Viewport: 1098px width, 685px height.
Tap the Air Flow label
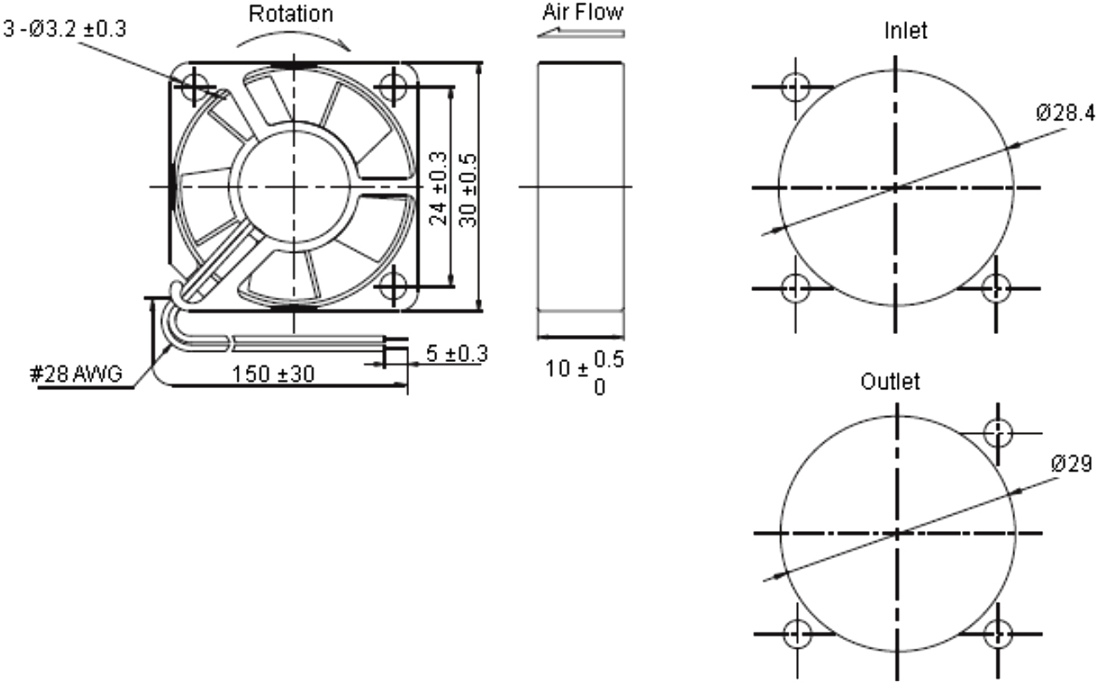[x=583, y=12]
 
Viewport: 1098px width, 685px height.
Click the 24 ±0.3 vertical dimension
[x=439, y=188]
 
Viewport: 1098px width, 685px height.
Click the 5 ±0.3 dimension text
[x=456, y=353]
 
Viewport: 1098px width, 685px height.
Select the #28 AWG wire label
[x=77, y=374]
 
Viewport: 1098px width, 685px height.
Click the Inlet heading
[x=905, y=31]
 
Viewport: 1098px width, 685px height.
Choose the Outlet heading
[x=890, y=381]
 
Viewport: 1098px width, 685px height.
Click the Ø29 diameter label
[x=1071, y=463]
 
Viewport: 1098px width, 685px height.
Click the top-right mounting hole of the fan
[x=392, y=85]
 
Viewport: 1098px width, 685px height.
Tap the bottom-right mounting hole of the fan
[x=392, y=287]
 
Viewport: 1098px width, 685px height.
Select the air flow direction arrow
[x=582, y=34]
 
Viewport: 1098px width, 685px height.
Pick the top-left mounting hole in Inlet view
[x=795, y=86]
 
